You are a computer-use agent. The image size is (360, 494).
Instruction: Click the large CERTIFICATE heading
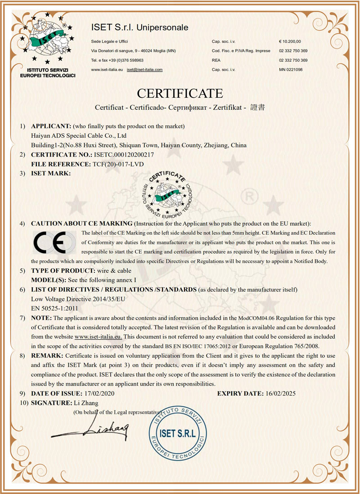(180, 93)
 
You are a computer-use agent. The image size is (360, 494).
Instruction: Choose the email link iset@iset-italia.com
(144, 70)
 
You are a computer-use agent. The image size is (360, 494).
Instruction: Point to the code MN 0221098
(291, 70)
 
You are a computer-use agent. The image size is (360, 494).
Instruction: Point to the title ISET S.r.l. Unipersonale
(139, 28)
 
